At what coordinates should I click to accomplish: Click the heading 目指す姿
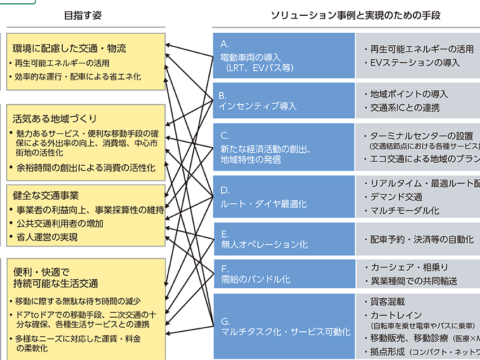pos(84,16)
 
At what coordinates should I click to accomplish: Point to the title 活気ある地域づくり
pos(55,118)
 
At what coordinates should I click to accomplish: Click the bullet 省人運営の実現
pos(43,237)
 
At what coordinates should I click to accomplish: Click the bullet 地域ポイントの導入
pos(409,94)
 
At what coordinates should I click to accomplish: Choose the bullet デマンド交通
pos(396,197)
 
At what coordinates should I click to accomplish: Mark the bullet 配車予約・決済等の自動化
pos(421,239)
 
